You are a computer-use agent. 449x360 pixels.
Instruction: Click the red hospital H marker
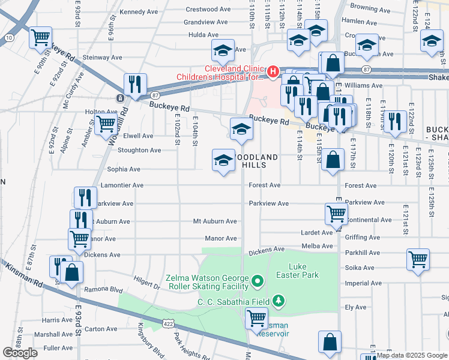[x=273, y=72]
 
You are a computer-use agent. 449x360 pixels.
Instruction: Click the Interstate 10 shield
[x=8, y=38]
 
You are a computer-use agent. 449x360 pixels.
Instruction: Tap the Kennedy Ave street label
[x=138, y=11]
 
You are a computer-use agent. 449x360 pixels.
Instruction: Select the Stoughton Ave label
[x=139, y=150]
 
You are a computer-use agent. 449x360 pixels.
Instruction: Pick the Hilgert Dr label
[x=147, y=283]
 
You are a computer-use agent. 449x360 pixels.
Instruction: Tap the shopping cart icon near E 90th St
[x=41, y=37]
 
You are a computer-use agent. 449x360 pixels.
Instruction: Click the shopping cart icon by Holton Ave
[x=106, y=124]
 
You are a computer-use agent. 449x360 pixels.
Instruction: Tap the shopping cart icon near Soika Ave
[x=418, y=259]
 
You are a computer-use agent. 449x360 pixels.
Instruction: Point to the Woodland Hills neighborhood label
[x=256, y=161]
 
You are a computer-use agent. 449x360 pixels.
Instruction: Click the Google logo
[x=20, y=352]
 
